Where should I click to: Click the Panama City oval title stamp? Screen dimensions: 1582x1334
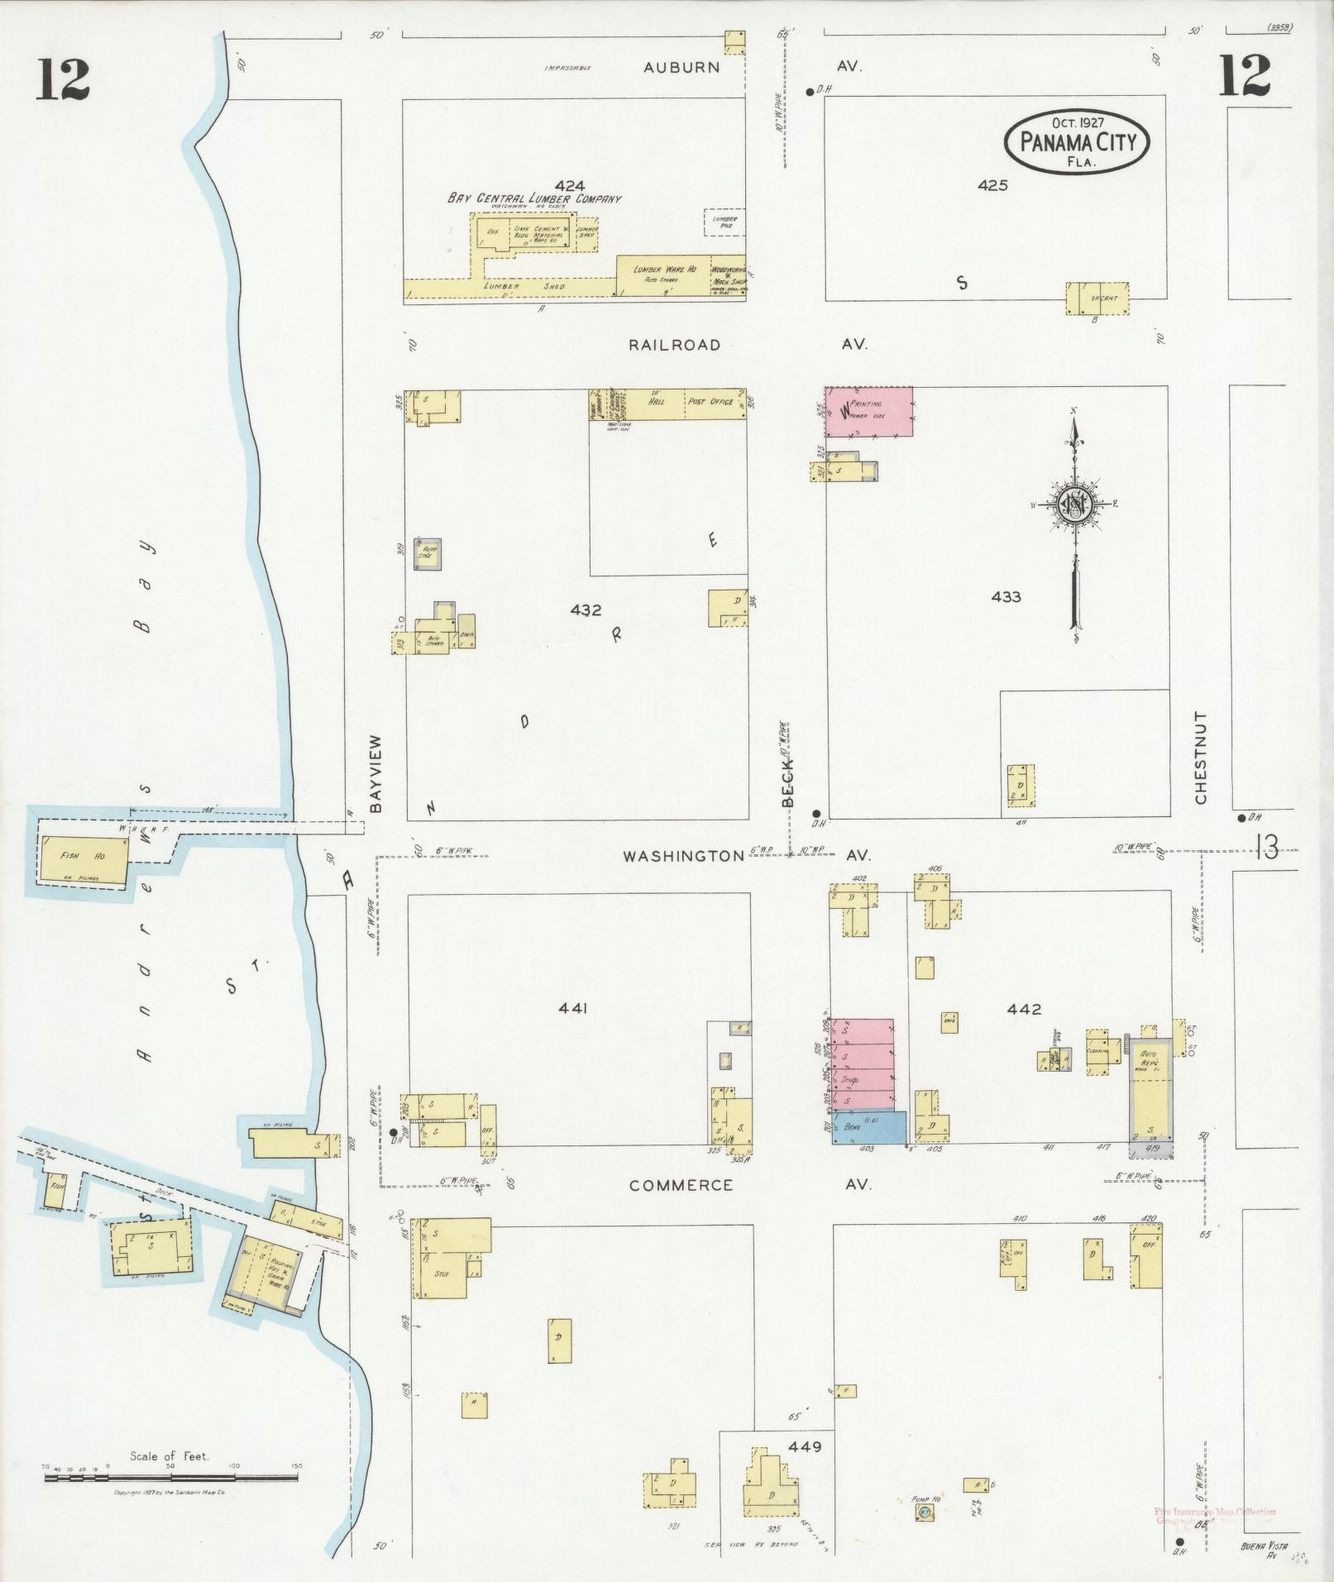(x=1076, y=141)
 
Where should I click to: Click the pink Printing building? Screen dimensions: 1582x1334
(x=868, y=411)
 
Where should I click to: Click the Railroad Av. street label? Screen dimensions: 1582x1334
(x=674, y=345)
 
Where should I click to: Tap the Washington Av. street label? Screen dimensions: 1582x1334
(x=684, y=856)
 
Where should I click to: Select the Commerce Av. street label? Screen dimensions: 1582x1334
(x=681, y=1185)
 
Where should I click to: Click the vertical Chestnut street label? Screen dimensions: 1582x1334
(x=1201, y=757)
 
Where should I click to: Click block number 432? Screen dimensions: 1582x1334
(x=586, y=610)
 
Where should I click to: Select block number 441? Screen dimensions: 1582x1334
(x=572, y=1008)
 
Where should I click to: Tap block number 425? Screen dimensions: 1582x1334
(x=992, y=185)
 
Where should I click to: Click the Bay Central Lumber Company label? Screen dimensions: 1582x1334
(x=534, y=198)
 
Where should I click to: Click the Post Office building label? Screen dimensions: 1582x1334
(x=710, y=401)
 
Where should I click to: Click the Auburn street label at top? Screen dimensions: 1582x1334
(x=681, y=67)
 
